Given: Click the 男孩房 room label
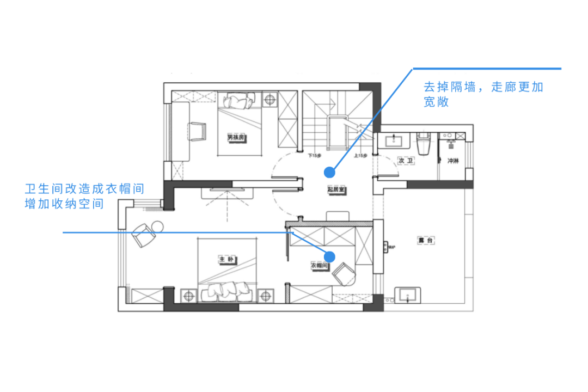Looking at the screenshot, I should [x=235, y=138].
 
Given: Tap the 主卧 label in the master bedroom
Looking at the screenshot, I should [x=226, y=259].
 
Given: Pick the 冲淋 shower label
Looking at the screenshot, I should [x=453, y=161].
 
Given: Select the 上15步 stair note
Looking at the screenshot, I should [x=360, y=156].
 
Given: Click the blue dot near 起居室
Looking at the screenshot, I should [x=329, y=172].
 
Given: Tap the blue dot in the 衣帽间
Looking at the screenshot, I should [x=329, y=256].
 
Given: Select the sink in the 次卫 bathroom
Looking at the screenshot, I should [x=394, y=141].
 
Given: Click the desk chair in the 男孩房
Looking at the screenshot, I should [x=197, y=131].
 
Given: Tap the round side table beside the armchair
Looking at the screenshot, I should [x=157, y=224].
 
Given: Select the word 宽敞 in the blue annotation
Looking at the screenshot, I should [x=436, y=102].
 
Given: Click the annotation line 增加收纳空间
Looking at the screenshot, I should [x=64, y=204].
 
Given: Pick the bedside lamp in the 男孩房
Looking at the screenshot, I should [x=269, y=99].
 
